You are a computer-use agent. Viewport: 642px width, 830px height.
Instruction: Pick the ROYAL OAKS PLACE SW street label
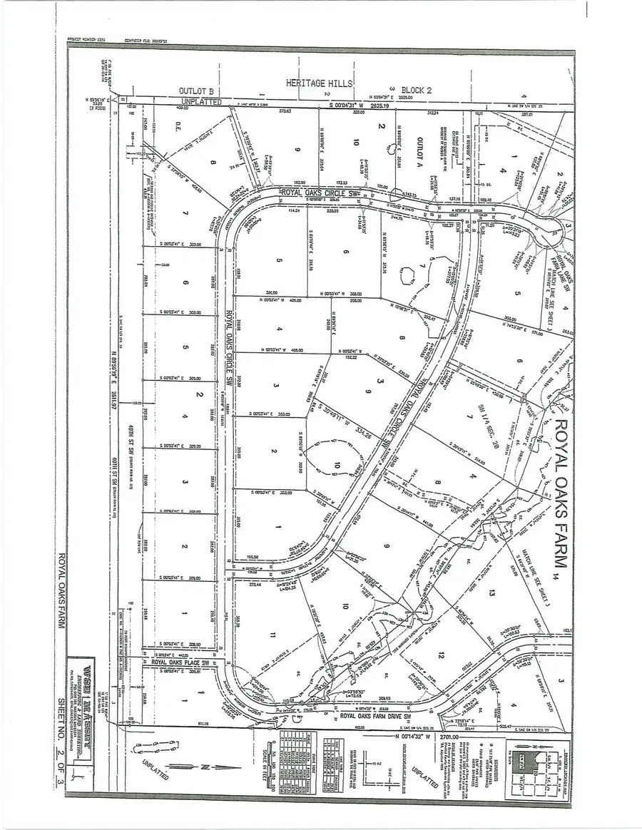pos(184,662)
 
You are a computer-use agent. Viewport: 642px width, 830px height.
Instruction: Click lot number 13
pos(492,592)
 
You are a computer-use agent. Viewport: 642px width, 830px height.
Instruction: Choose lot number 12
pos(442,655)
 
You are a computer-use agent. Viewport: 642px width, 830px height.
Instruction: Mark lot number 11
pos(272,634)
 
